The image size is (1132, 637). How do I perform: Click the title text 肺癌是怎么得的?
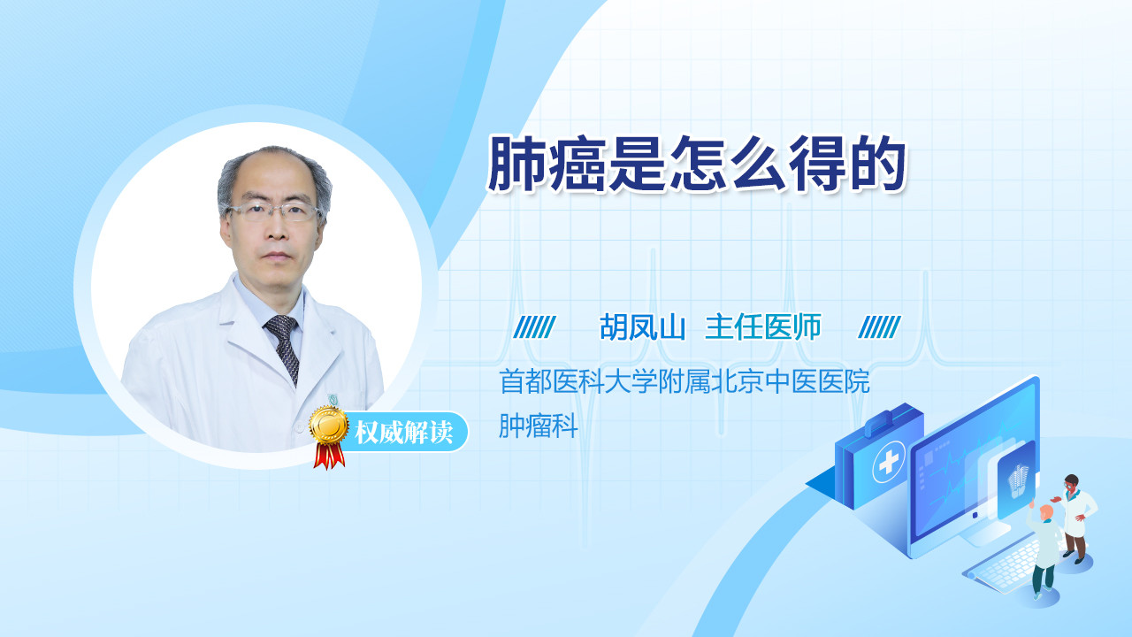point(696,164)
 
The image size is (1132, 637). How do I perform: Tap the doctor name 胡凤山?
point(642,327)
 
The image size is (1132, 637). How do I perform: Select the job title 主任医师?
point(762,327)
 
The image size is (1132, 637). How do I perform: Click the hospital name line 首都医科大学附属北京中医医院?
point(685,381)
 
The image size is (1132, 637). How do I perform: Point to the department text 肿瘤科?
point(539,426)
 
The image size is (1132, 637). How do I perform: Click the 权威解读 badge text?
point(404,433)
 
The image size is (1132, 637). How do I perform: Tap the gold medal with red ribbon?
point(329,437)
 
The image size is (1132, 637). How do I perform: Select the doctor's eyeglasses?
point(273,211)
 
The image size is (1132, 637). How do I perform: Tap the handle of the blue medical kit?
point(884,422)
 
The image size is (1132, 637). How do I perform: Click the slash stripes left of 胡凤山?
point(534,327)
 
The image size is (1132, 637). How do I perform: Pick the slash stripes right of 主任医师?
point(879,327)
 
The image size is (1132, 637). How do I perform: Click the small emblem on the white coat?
point(333,400)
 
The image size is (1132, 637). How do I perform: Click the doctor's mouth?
point(277,256)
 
